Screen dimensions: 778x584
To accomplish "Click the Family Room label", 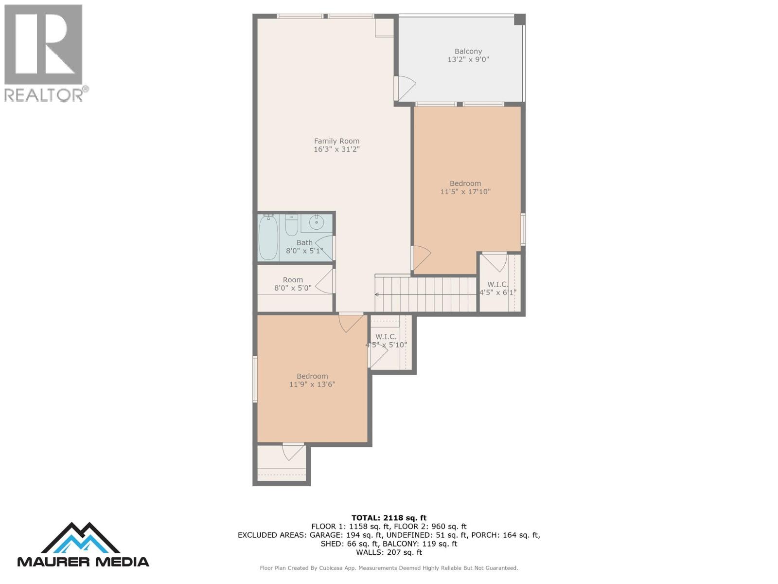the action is [x=336, y=141].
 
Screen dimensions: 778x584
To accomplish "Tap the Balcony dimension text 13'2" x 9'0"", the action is [x=468, y=59].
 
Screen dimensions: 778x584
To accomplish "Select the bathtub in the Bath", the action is [x=268, y=238].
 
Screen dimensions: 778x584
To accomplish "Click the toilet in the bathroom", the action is [x=291, y=225].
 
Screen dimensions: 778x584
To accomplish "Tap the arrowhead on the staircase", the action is [x=377, y=294].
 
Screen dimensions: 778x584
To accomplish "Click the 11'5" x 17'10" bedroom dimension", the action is [x=465, y=192].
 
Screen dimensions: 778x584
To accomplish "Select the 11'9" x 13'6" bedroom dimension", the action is [x=312, y=384].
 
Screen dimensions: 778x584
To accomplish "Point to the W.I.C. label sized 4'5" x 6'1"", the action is [x=497, y=284].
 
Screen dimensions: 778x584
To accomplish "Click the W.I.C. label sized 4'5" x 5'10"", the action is [x=386, y=336].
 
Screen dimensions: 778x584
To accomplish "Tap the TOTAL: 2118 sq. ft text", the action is [x=389, y=518].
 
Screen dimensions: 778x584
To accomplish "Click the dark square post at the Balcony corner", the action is [x=520, y=19].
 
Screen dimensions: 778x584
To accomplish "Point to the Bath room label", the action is [x=304, y=242].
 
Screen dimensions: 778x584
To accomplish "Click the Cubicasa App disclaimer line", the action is [x=389, y=568].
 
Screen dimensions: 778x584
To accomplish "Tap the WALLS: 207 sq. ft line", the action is [x=389, y=552].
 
